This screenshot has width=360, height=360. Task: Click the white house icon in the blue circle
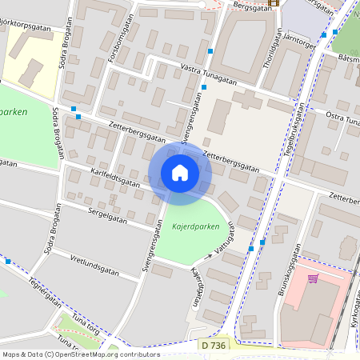[x=180, y=173]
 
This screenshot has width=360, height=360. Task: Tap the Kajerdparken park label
[x=194, y=227]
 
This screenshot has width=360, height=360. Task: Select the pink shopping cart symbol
[x=313, y=278]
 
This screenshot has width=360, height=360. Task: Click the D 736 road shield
[x=214, y=344]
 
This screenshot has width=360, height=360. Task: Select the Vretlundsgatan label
[x=94, y=266]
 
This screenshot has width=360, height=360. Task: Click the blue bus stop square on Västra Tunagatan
[x=210, y=51]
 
